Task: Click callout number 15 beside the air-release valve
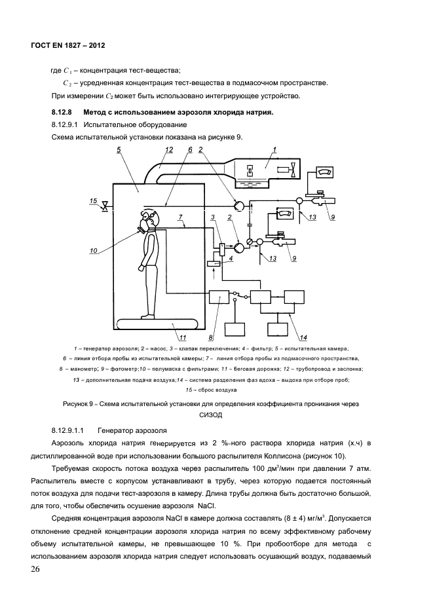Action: (94, 200)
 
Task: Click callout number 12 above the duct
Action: (169, 150)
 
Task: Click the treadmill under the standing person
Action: (157, 323)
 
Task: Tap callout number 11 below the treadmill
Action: (183, 338)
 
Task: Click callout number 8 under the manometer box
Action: (211, 338)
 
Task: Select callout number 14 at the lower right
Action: (303, 338)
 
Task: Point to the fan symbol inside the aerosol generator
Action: (292, 171)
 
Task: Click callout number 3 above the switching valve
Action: (213, 217)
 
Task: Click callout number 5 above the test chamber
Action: (119, 150)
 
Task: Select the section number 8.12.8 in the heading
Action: (61, 112)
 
